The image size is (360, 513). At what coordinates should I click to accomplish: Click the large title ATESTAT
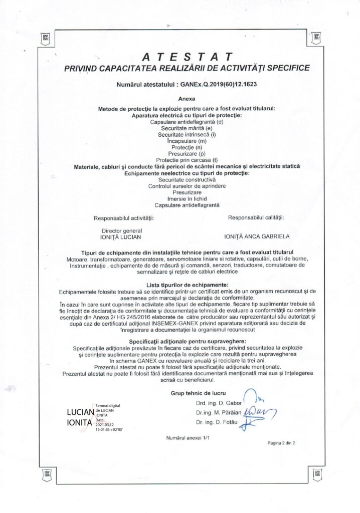[x=187, y=56]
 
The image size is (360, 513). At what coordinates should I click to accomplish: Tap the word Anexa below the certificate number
[x=187, y=99]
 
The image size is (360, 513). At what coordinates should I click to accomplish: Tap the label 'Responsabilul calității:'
[x=256, y=217]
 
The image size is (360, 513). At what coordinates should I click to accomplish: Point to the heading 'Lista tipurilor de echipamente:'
[x=187, y=285]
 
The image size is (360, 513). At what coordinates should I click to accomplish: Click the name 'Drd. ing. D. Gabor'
[x=219, y=403]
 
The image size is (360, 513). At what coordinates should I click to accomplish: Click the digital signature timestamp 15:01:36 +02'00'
[x=109, y=429]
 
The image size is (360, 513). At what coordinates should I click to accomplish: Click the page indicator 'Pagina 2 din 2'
[x=281, y=443]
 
